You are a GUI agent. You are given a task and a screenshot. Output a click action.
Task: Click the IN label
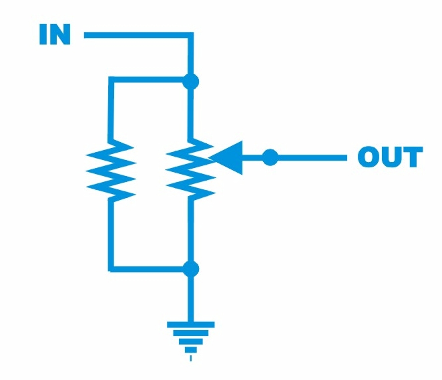point(55,35)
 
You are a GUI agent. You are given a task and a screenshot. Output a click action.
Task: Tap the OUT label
point(390,157)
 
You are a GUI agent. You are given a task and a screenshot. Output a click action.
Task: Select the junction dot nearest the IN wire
point(192,81)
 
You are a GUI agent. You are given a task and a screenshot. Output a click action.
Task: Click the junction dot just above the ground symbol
point(192,269)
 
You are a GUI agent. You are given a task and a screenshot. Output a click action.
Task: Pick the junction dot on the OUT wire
point(269,157)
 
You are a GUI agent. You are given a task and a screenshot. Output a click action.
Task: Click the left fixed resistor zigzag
point(111,170)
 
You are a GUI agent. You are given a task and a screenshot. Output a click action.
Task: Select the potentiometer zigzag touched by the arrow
point(190,170)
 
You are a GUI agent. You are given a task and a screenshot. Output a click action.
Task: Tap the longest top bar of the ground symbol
point(191,325)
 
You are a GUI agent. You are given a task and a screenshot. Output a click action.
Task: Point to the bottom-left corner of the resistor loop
point(111,269)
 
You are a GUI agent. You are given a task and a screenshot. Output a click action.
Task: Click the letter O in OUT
point(369,157)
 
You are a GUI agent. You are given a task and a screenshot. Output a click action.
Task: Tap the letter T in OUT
point(412,157)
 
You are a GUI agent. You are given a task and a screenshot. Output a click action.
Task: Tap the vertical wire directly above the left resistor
point(111,110)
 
